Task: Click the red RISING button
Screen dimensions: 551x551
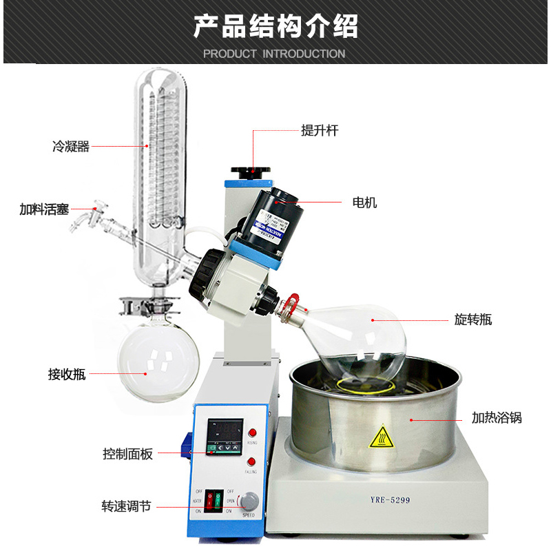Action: coord(252,432)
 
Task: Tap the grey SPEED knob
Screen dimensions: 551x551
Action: coord(249,501)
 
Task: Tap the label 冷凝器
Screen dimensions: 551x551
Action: coord(71,146)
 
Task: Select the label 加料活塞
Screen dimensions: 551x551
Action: coord(44,209)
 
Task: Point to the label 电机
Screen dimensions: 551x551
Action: coord(364,202)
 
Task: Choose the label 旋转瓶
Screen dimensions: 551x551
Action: coord(473,320)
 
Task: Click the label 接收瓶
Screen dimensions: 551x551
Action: coord(67,374)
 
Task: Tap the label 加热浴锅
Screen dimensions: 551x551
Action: coord(497,417)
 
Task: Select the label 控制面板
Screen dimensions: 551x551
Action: coord(127,454)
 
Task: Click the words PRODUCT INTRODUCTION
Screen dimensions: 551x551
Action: coord(274,54)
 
